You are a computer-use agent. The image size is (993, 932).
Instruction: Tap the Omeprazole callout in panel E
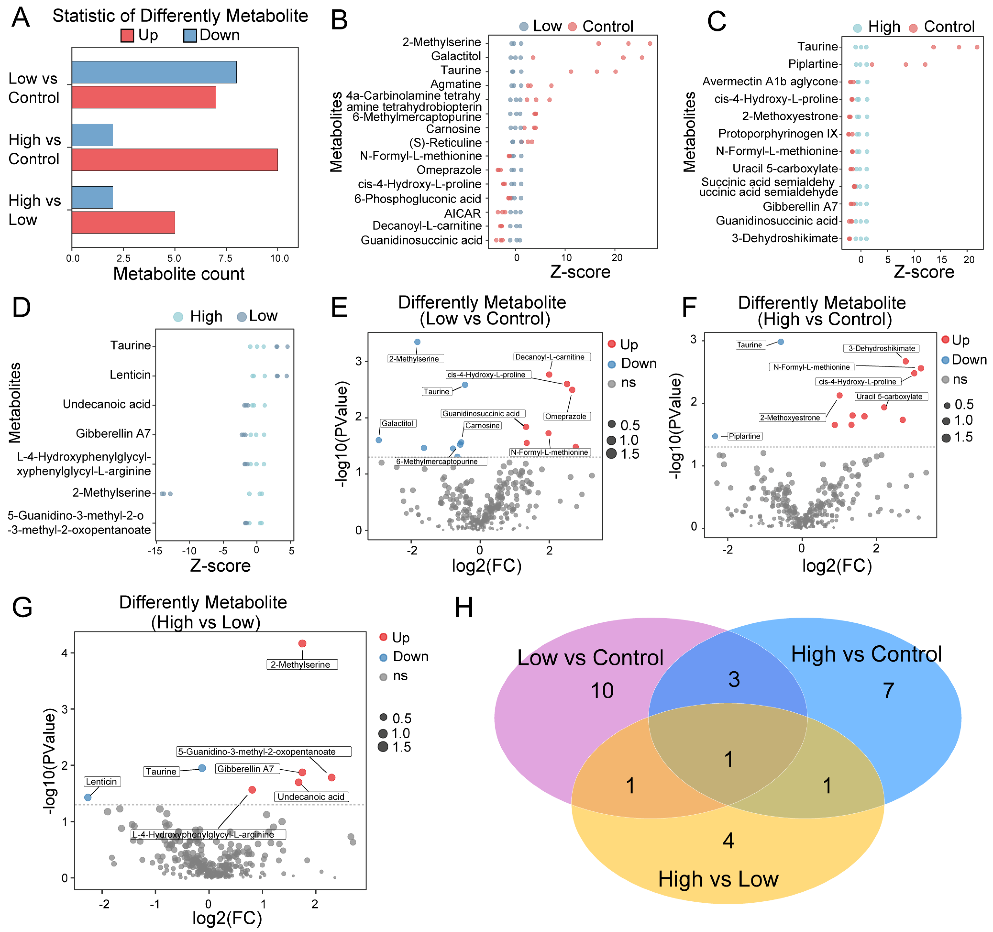[565, 416]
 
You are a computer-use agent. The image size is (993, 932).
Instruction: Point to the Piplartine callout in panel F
[744, 436]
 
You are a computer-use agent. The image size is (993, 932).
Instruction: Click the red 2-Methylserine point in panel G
[302, 643]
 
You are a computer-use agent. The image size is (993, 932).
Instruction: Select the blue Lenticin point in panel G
[88, 797]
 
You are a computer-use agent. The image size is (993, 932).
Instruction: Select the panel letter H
[464, 608]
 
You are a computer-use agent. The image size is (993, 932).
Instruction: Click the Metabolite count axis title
[179, 274]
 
